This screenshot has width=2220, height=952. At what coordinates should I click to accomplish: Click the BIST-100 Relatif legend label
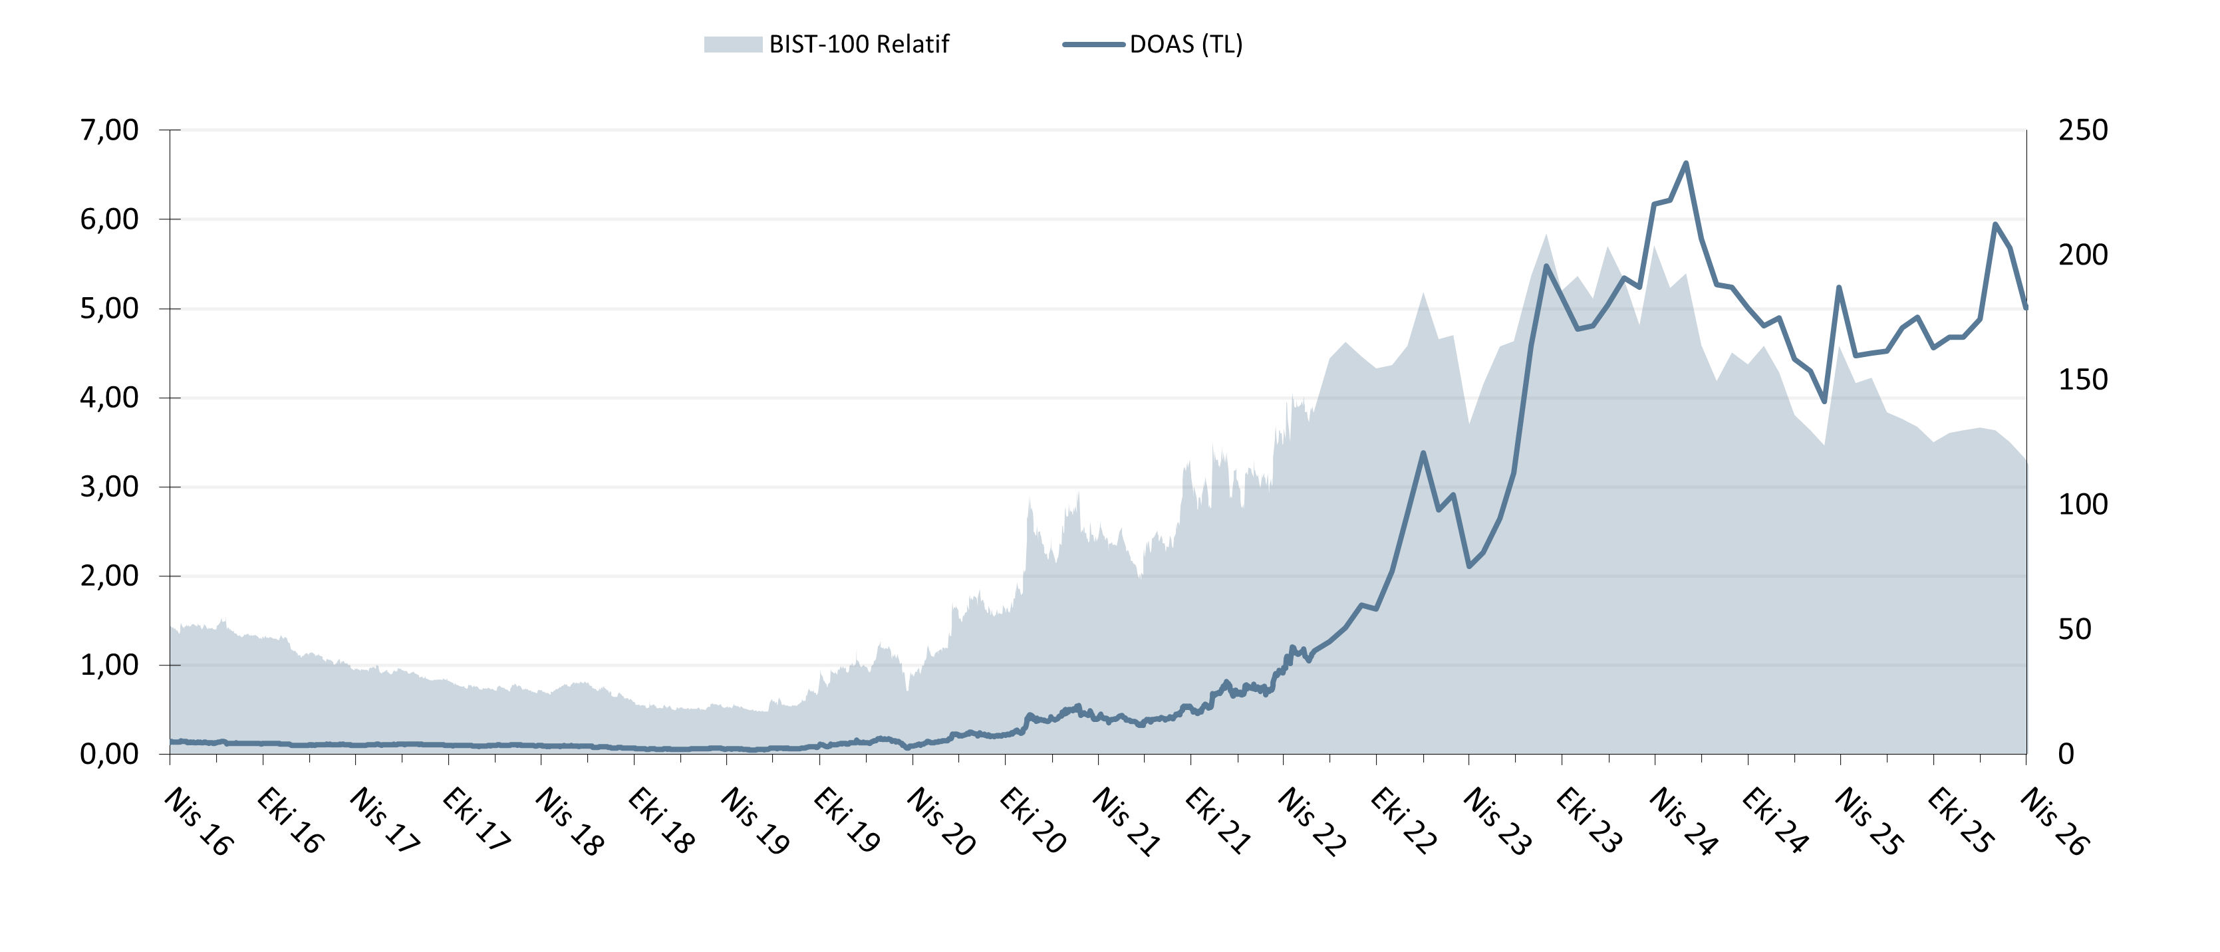(x=859, y=44)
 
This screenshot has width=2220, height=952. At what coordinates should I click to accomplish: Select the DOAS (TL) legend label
(x=1186, y=44)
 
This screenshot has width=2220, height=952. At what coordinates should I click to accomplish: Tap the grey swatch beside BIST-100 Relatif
(x=732, y=44)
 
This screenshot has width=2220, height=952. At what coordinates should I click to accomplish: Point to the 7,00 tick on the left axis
(x=108, y=130)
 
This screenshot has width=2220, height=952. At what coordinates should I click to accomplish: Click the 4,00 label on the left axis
(x=108, y=398)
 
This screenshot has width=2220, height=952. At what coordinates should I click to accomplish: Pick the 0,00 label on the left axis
(x=108, y=755)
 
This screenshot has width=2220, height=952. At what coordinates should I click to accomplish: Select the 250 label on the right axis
(x=2083, y=130)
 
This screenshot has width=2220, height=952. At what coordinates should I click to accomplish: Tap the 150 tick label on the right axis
(x=2083, y=380)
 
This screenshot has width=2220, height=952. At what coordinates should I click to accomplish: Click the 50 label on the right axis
(x=2074, y=630)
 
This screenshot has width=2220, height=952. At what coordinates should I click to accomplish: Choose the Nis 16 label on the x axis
(x=198, y=821)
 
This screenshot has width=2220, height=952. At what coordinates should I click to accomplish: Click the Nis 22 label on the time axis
(x=1311, y=821)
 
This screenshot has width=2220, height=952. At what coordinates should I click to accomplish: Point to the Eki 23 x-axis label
(x=1589, y=820)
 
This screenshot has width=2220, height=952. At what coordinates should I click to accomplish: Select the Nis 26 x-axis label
(x=2054, y=821)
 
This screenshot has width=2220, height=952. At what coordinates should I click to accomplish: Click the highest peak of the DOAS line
(x=1686, y=162)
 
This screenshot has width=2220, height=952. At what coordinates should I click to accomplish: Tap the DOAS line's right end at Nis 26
(x=2025, y=308)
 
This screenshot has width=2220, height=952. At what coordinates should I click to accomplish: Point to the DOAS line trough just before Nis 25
(x=1824, y=402)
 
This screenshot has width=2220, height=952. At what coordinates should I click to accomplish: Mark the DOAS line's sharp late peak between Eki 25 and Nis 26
(x=1995, y=224)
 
